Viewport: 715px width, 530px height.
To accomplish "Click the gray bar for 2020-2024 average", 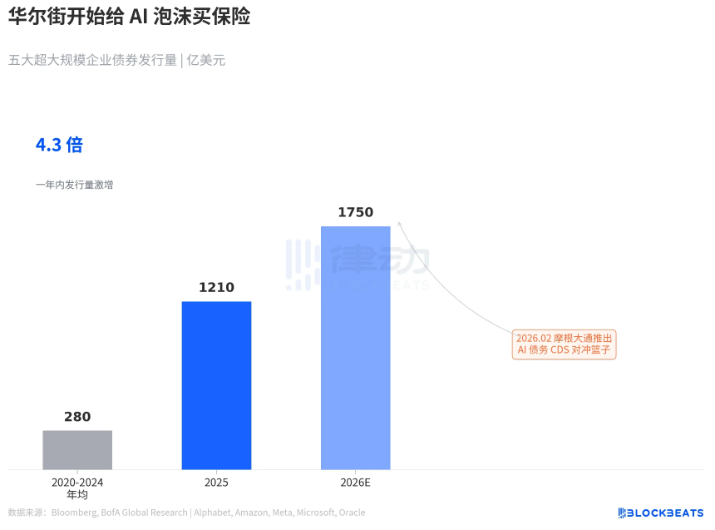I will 77,449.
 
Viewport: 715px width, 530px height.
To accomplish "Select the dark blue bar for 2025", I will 216,384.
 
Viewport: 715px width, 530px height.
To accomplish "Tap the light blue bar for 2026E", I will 355,347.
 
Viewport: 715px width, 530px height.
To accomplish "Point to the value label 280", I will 77,417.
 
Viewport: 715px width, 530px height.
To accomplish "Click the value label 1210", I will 216,288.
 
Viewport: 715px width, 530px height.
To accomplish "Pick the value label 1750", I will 355,212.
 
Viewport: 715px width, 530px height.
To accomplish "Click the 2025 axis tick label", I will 216,483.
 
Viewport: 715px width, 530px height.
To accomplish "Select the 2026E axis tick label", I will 355,483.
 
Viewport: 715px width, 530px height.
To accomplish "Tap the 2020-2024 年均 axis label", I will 77,488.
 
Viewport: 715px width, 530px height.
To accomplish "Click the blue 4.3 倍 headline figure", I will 59,145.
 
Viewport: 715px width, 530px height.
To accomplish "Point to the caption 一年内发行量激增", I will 74,185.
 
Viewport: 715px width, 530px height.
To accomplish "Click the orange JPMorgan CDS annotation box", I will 564,344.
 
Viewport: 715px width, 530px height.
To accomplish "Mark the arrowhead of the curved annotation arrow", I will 399,222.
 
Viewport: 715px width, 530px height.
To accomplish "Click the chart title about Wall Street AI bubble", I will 129,17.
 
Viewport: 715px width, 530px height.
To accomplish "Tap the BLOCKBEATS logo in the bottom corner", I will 660,513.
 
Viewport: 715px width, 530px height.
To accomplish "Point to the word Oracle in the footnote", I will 351,513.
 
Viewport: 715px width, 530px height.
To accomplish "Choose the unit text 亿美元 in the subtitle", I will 205,60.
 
